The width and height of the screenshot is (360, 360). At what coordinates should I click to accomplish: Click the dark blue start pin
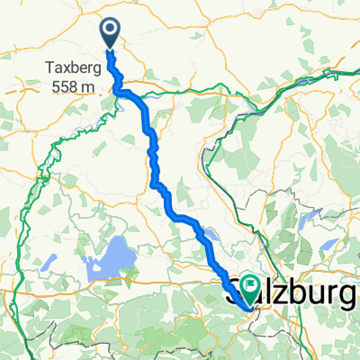click(110, 34)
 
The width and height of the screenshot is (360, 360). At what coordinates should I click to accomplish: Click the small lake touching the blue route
click(209, 237)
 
